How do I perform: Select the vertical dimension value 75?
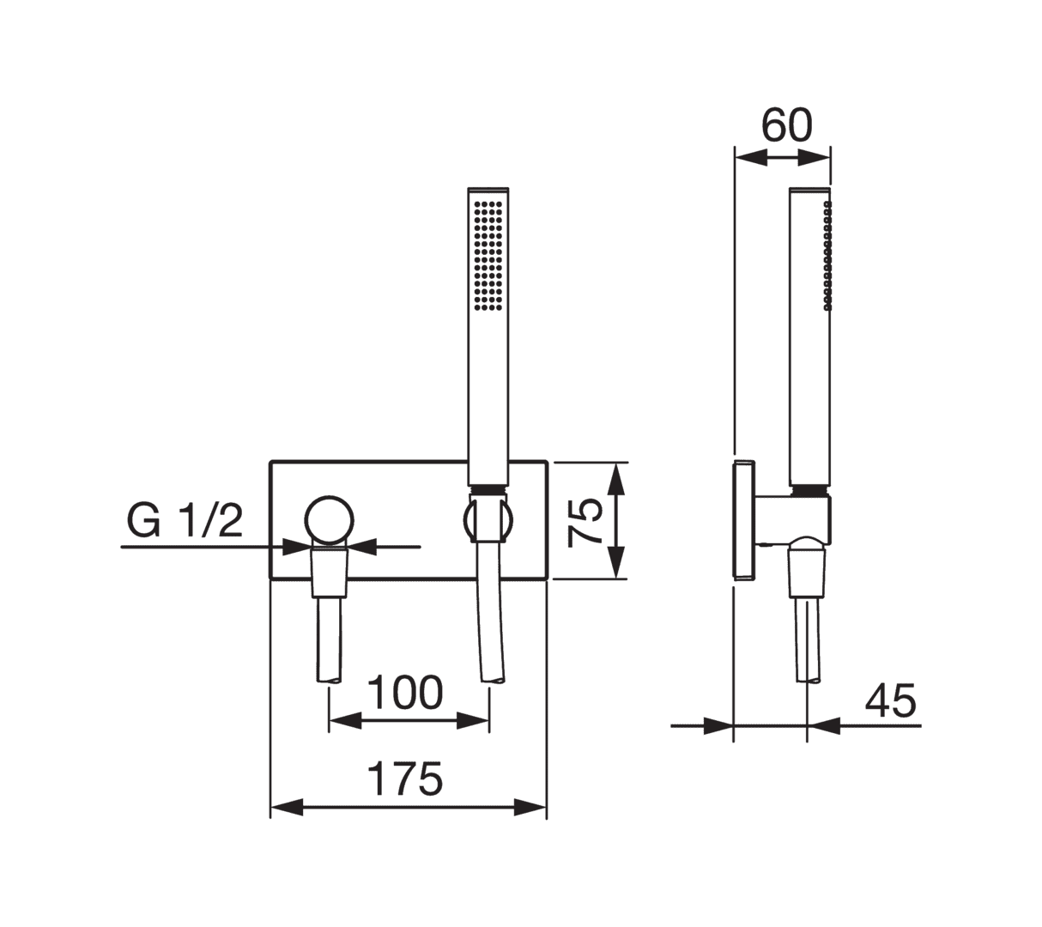click(588, 521)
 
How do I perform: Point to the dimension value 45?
click(890, 701)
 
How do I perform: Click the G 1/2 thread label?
click(185, 521)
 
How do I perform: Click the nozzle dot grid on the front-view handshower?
click(488, 254)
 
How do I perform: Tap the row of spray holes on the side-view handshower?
click(827, 254)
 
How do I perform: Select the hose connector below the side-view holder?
click(807, 570)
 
